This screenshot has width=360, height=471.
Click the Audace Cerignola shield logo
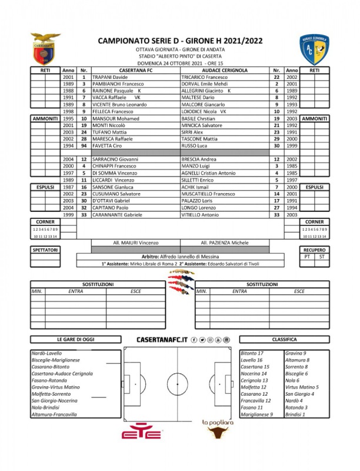[315, 49]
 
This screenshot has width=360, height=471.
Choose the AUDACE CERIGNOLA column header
[224, 70]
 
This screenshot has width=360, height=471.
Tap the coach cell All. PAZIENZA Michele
[224, 243]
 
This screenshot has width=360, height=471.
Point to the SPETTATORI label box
[45, 250]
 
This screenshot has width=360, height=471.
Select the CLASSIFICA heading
[284, 340]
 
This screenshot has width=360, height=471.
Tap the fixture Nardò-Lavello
[46, 353]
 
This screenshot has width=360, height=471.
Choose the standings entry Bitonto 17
[252, 353]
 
